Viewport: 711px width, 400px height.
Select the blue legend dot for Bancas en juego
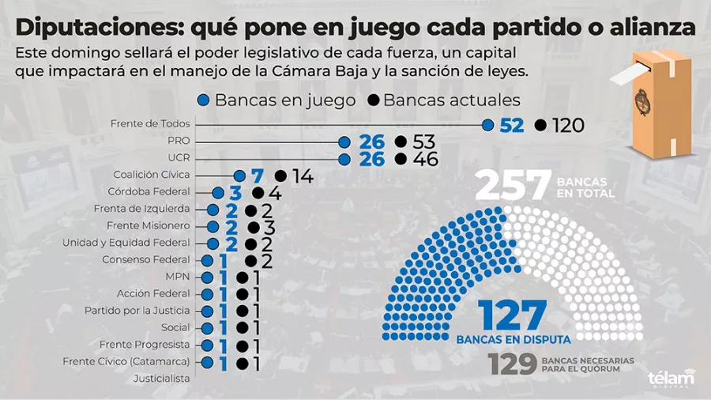coord(204,101)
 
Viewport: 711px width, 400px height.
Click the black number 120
coord(568,125)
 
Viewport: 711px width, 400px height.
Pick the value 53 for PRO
coord(423,142)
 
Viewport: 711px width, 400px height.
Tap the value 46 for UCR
coord(423,159)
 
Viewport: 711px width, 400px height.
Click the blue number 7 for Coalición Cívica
coord(256,175)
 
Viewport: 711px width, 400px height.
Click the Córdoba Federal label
coord(149,192)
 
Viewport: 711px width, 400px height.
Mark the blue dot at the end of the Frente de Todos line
coord(488,125)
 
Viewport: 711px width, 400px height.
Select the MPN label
coord(178,277)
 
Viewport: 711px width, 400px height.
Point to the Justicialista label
coord(162,379)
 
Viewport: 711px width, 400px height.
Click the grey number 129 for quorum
coord(512,364)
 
